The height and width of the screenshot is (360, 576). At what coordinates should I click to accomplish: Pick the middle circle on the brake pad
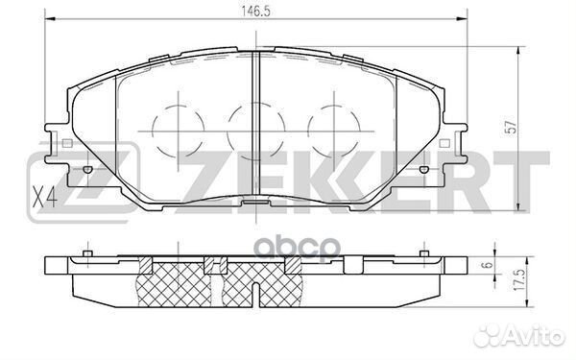[253, 123]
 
